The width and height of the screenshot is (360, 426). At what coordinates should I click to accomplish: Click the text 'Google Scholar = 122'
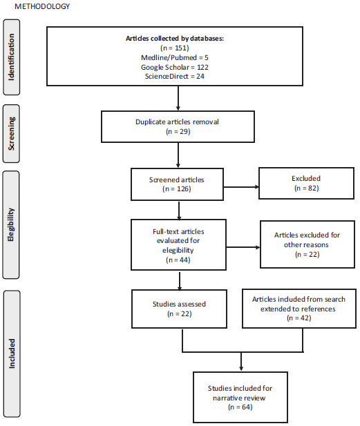pyautogui.click(x=176, y=68)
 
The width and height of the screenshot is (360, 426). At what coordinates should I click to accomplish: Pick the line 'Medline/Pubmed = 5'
pyautogui.click(x=176, y=58)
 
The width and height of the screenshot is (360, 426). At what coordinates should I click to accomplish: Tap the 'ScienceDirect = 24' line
pyautogui.click(x=176, y=77)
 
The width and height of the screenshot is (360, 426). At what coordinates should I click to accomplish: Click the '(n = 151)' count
pyautogui.click(x=176, y=48)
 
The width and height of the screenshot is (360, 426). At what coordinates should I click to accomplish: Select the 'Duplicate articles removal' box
pyautogui.click(x=179, y=126)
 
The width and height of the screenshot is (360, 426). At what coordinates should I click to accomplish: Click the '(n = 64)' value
pyautogui.click(x=239, y=407)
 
